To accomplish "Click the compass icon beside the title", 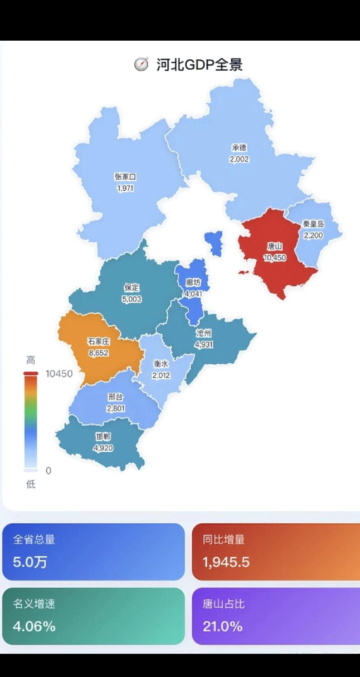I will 141,64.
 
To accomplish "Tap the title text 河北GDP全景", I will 199,65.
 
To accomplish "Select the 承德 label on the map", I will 239,148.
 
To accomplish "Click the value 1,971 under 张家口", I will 125,188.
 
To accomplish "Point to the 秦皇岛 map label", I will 313,224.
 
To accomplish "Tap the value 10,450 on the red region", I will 275,258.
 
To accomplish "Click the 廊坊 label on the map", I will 193,283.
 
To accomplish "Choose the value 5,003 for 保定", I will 132,299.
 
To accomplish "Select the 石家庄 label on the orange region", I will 99,342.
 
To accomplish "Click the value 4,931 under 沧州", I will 204,345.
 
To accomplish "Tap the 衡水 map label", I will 161,364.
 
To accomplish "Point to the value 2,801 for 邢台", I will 116,408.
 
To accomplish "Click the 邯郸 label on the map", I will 103,437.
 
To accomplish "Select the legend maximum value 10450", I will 59,374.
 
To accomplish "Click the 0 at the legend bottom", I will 48,471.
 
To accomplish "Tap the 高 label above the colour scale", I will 31,360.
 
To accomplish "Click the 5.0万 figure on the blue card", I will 30,562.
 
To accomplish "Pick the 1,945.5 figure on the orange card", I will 226,562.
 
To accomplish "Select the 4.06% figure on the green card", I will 34,626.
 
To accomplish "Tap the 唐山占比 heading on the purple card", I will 224,604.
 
